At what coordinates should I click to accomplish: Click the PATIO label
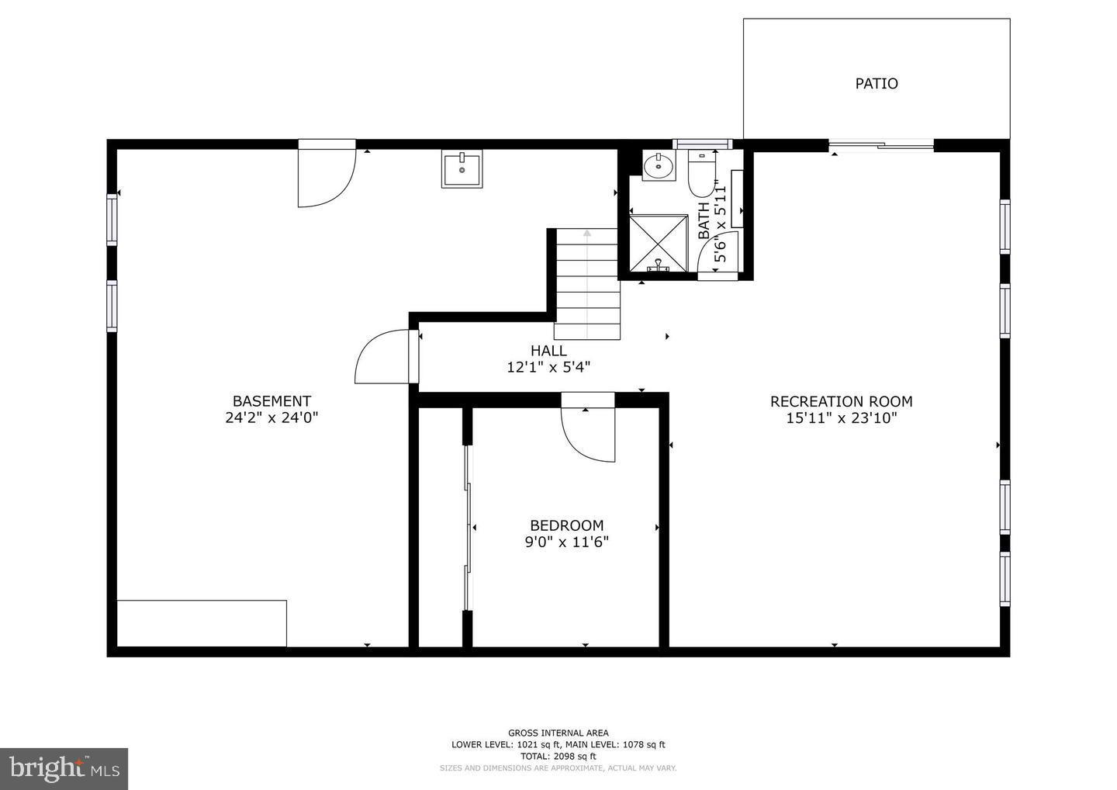[877, 84]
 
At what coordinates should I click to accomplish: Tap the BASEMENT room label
[271, 401]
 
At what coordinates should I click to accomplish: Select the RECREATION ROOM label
[841, 401]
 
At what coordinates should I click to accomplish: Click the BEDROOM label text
[566, 525]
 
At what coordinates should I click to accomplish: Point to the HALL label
[548, 351]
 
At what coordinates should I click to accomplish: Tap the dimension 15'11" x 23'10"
[841, 418]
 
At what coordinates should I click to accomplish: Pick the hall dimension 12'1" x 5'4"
[548, 367]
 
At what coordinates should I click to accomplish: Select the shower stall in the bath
[658, 244]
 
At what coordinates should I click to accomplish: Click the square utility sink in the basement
[462, 168]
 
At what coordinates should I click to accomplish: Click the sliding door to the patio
[881, 144]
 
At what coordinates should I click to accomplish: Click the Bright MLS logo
[64, 768]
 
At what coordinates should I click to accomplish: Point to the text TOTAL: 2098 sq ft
[558, 756]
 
